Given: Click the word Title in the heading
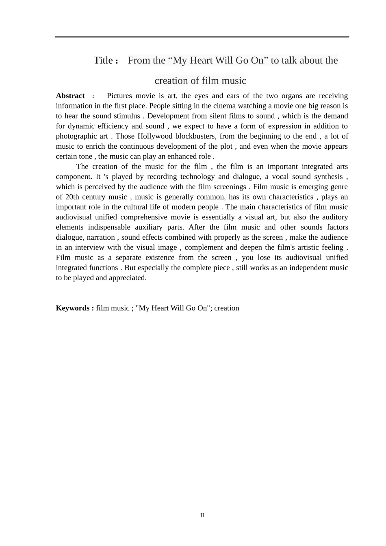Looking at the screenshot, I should click(x=103, y=61).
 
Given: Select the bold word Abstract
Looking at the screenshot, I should click(x=70, y=96).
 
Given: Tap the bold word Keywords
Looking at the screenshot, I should click(x=73, y=308).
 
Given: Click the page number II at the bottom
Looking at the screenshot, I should click(x=202, y=515).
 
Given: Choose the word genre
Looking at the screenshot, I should click(x=339, y=187).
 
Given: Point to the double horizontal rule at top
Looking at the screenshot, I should click(x=202, y=37).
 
